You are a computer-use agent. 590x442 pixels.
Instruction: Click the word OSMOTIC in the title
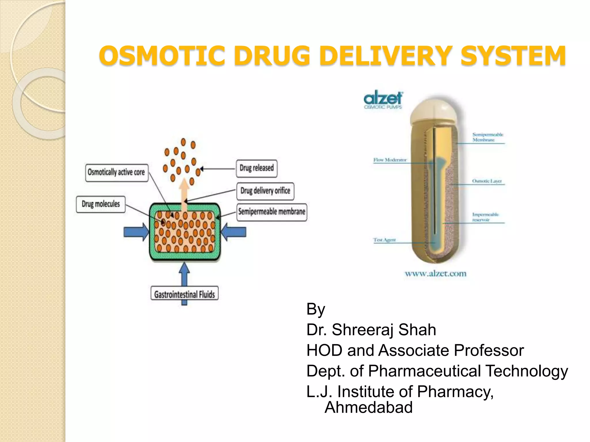pyautogui.click(x=161, y=56)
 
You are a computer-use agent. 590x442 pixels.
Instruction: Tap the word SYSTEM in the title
pyautogui.click(x=513, y=56)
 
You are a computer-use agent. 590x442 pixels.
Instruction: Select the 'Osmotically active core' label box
pyautogui.click(x=117, y=172)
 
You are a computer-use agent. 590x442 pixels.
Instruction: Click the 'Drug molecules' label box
pyautogui.click(x=101, y=204)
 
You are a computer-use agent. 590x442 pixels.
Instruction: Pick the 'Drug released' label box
pyautogui.click(x=257, y=168)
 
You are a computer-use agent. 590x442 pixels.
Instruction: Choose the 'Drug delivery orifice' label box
pyautogui.click(x=265, y=191)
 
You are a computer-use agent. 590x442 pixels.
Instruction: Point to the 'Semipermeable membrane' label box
pyautogui.click(x=272, y=212)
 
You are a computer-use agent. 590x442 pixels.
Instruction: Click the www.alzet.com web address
pyautogui.click(x=435, y=273)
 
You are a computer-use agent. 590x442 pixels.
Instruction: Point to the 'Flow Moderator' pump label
pyautogui.click(x=390, y=160)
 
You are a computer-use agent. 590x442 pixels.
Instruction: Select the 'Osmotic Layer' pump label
pyautogui.click(x=487, y=181)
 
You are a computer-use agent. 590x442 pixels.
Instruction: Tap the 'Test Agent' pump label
pyautogui.click(x=385, y=240)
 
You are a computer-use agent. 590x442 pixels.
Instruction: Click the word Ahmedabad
pyautogui.click(x=369, y=407)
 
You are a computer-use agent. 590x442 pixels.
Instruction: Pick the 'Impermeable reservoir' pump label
pyautogui.click(x=485, y=217)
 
